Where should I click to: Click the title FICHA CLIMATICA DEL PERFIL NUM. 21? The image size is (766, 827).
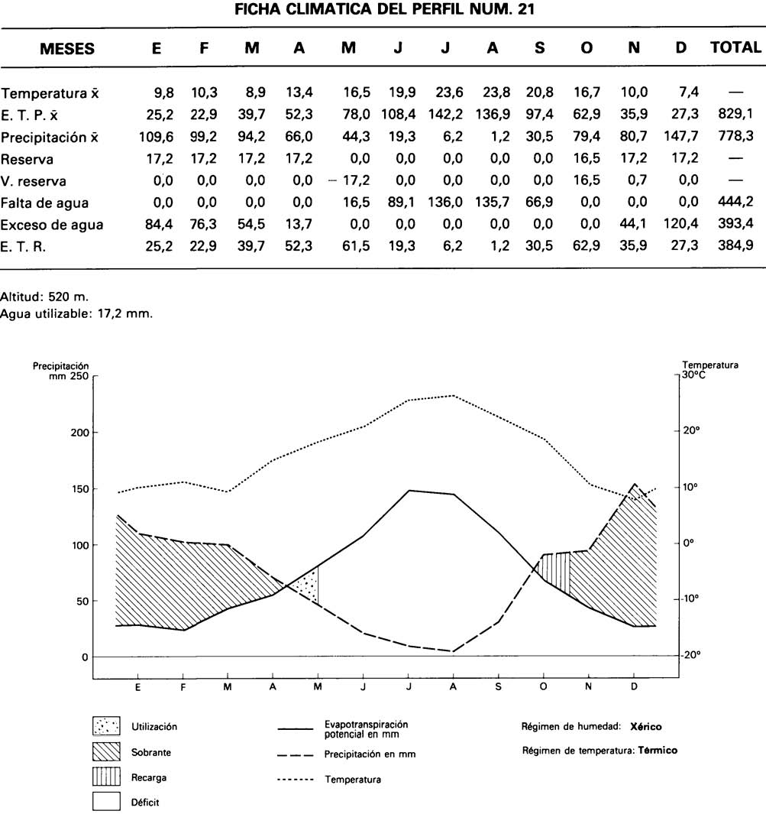pos(383,10)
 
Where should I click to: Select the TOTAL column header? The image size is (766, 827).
pos(735,47)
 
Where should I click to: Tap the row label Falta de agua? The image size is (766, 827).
pos(45,203)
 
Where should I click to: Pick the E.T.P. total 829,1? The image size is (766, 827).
pos(735,116)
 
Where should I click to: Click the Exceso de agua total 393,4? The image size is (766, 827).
pos(735,225)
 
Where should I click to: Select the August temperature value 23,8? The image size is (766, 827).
pos(493,94)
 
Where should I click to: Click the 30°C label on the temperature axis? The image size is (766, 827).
pos(693,375)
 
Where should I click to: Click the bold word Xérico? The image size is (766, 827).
pos(646,726)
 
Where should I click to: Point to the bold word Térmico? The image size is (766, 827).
pos(658,751)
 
